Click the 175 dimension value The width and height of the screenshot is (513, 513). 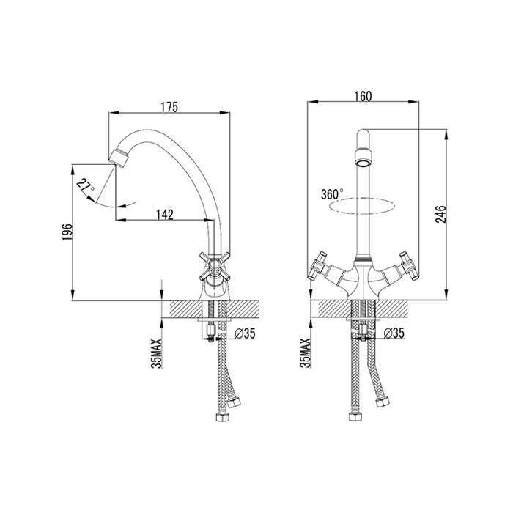(169, 107)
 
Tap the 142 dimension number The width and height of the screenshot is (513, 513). (164, 214)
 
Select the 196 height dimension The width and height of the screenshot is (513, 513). (67, 232)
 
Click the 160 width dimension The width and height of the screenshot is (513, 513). (363, 96)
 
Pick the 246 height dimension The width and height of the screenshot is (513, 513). (441, 214)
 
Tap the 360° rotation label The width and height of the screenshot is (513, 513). (333, 194)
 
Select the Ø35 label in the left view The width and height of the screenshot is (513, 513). (245, 333)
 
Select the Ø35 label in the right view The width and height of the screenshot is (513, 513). (394, 333)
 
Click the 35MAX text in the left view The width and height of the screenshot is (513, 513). (157, 353)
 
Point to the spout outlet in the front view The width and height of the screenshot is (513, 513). (363, 158)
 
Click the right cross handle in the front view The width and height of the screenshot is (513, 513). (409, 265)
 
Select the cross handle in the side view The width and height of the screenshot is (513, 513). (215, 266)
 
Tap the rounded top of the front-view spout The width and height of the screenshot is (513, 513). (363, 133)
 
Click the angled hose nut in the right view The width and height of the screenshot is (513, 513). (382, 401)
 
